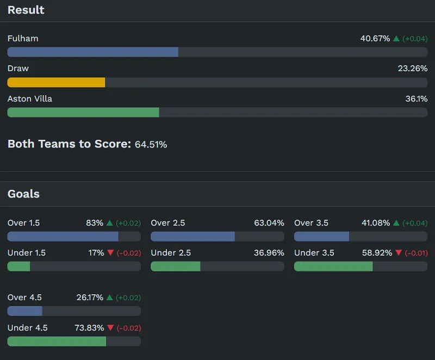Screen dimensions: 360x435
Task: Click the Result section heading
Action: (x=26, y=10)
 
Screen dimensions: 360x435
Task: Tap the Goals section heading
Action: (x=23, y=194)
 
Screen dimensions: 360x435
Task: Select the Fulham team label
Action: (x=23, y=39)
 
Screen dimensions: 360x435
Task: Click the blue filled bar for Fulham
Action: (x=92, y=52)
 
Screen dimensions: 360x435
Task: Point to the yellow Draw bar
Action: (x=56, y=82)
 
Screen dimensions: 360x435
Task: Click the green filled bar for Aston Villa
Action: (x=83, y=112)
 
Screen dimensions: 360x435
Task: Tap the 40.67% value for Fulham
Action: (x=375, y=39)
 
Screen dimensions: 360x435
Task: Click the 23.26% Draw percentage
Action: (x=412, y=69)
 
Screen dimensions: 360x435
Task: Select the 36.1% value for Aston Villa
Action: (x=417, y=99)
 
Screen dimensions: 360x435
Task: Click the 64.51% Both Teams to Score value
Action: (x=151, y=145)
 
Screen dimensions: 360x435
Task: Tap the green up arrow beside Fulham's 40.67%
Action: (x=396, y=39)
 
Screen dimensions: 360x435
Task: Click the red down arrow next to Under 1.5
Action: (x=110, y=253)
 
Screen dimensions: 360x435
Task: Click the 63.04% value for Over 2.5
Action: (x=269, y=223)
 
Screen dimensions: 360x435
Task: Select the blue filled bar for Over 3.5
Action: (x=321, y=237)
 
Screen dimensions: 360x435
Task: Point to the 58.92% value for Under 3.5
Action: (x=377, y=253)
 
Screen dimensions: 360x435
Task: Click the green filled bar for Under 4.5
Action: (x=57, y=341)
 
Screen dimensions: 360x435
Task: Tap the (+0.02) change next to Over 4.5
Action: (x=128, y=298)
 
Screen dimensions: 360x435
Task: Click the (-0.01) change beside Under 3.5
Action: (x=415, y=253)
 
